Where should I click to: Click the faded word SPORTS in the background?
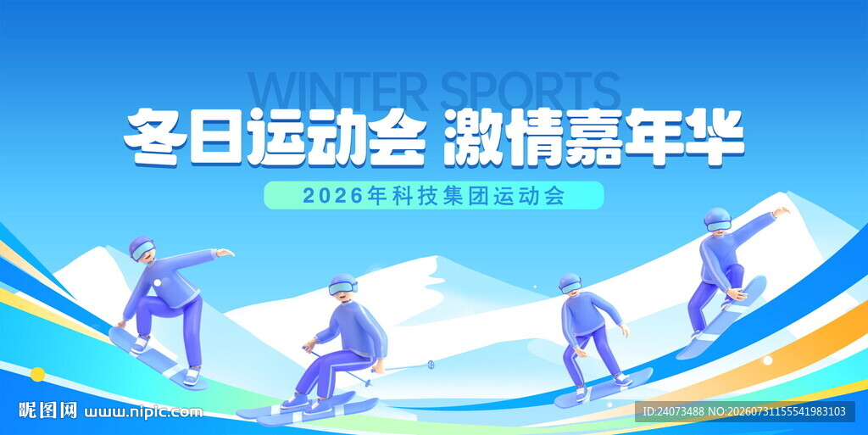click(x=531, y=92)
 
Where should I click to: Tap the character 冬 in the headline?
click(x=153, y=137)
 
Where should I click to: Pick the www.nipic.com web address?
click(x=143, y=412)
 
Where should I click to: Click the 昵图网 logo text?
click(x=47, y=410)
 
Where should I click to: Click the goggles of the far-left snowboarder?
click(x=142, y=251)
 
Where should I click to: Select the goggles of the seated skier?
click(x=342, y=288)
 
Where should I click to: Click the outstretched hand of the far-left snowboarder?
click(x=225, y=253)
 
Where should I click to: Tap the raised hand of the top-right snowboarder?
click(x=781, y=211)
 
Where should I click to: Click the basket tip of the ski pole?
click(x=431, y=364)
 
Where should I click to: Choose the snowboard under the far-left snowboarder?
click(x=158, y=358)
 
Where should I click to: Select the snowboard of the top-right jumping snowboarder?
click(x=722, y=318)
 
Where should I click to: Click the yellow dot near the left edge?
click(x=37, y=374)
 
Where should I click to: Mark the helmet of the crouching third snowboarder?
click(x=569, y=282)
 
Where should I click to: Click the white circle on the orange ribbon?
click(x=767, y=360)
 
